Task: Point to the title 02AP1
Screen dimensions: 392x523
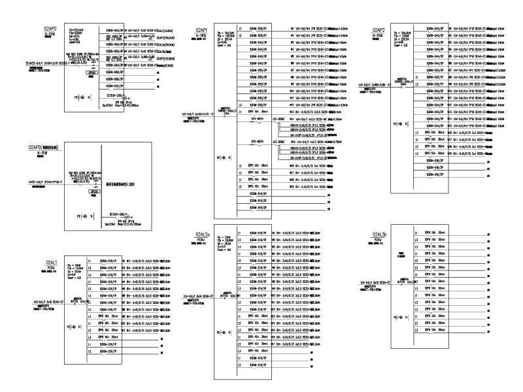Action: (201, 30)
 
